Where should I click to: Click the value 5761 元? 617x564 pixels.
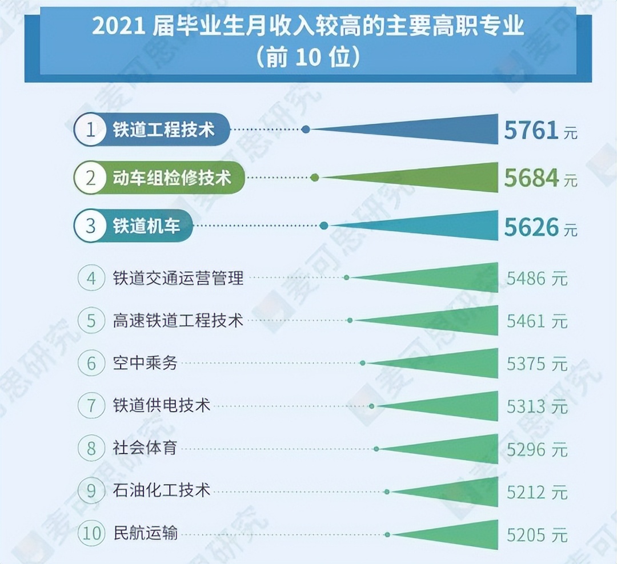point(539,131)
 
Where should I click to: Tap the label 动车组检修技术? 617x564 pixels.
point(171,178)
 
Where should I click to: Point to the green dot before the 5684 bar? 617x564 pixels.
point(315,178)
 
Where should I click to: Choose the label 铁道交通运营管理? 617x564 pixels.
point(178,278)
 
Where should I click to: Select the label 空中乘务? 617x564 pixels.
point(145,363)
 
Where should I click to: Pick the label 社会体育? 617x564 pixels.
point(145,448)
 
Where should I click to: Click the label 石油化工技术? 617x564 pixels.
point(162,490)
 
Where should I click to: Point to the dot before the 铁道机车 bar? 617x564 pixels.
point(324,226)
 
